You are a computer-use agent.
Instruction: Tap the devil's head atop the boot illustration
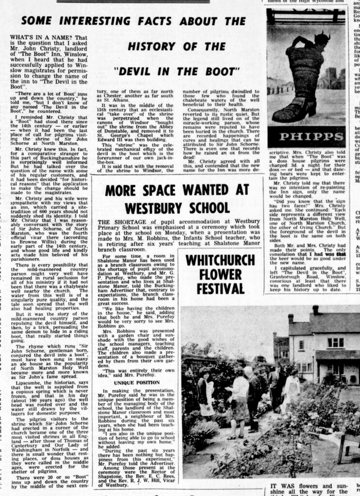(320, 38)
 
